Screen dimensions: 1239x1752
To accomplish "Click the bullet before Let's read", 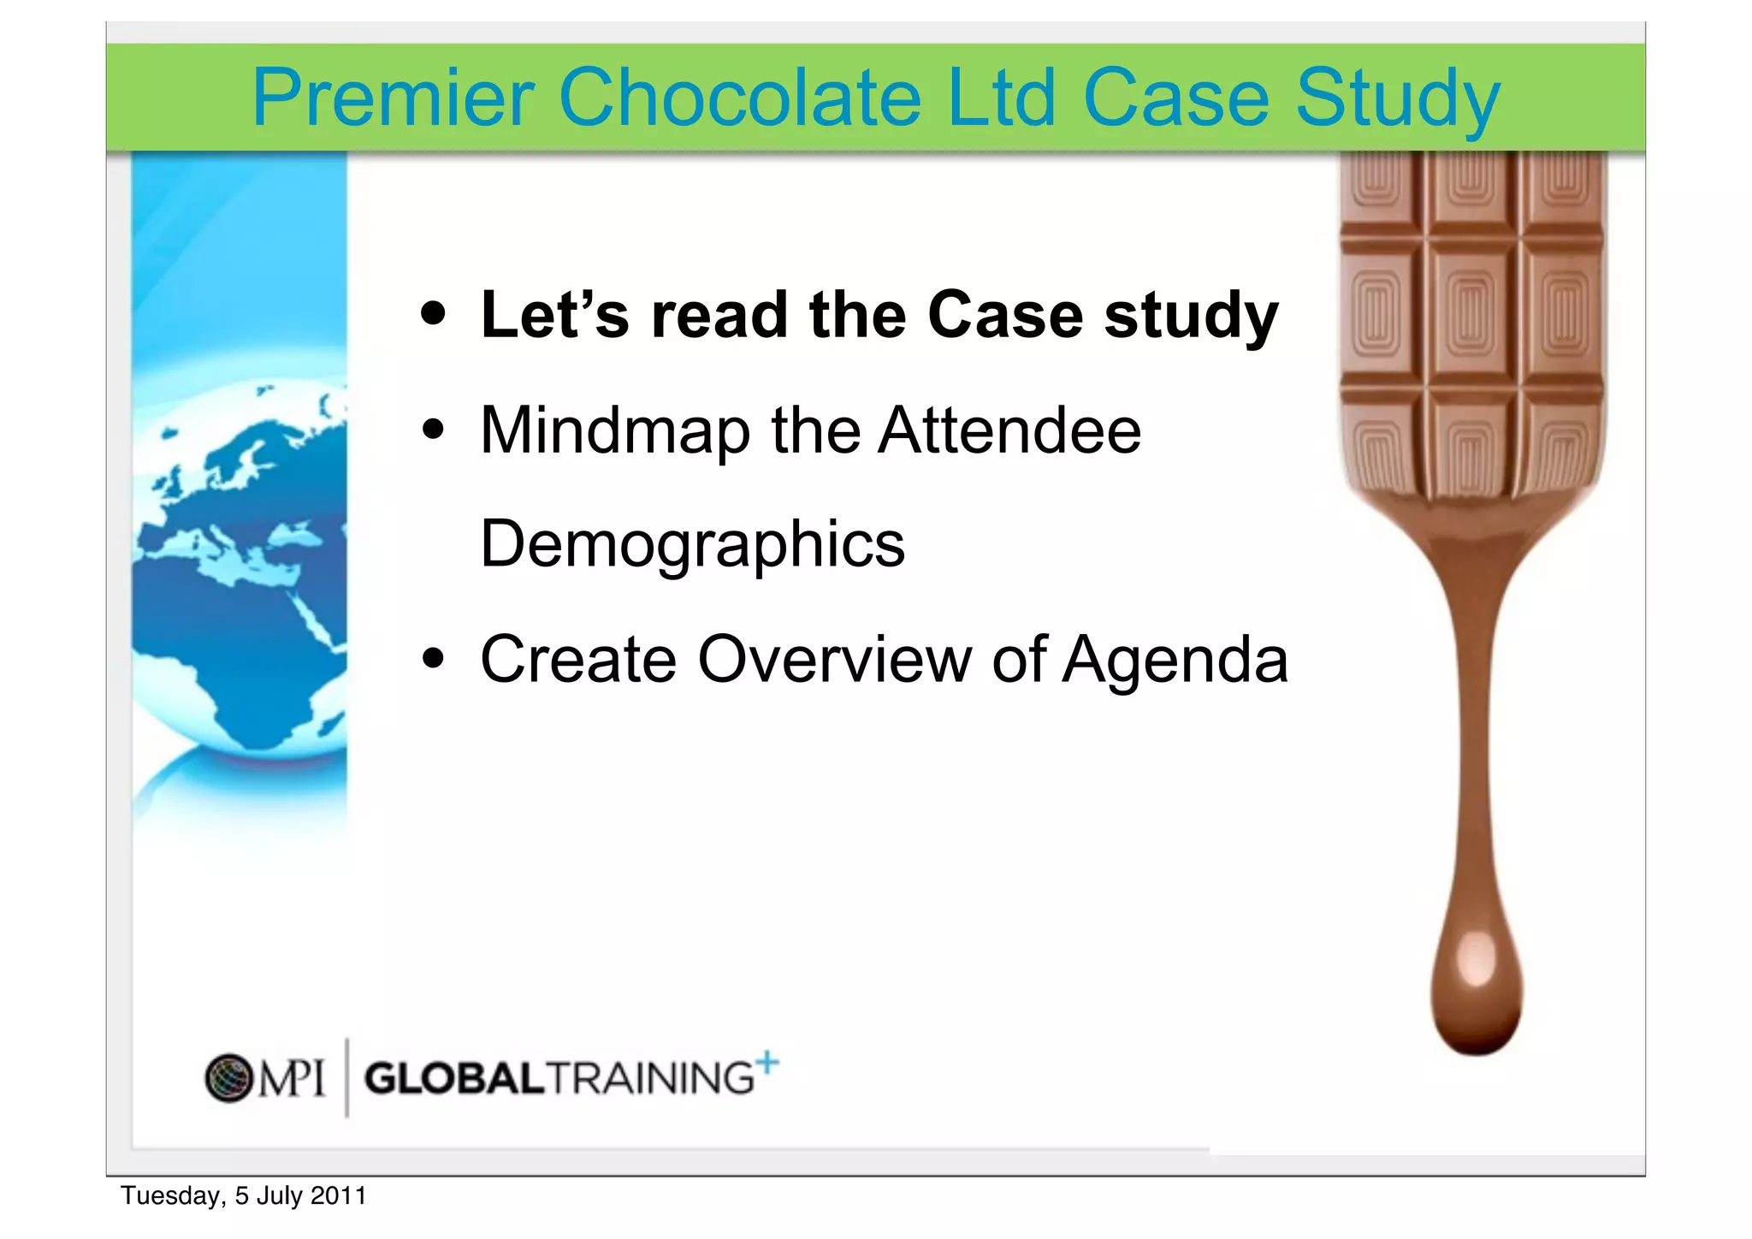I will pos(434,314).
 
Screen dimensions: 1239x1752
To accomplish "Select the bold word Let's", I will pos(554,315).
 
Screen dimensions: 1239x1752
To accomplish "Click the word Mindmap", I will pos(615,430).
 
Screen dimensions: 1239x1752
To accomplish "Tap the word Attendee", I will pos(1009,430).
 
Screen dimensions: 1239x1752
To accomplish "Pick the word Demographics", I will pos(692,544).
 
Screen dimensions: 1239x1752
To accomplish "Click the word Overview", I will pos(834,659).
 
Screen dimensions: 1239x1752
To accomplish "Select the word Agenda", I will pos(1174,661).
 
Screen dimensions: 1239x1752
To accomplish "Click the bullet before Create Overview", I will pos(434,659).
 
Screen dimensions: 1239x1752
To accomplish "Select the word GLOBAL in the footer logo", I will pos(454,1078).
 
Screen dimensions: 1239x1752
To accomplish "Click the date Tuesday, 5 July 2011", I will pos(243,1195).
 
